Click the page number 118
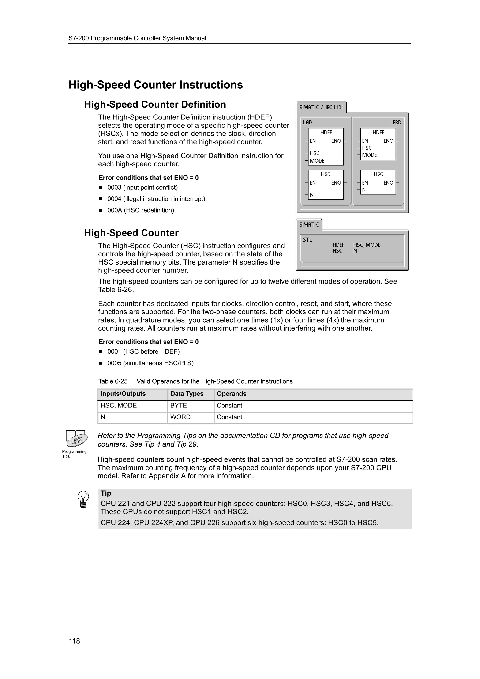click(74, 641)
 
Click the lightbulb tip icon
click(83, 500)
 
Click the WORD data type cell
click(180, 417)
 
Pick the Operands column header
click(231, 394)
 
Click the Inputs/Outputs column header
click(123, 394)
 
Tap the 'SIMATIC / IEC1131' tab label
click(322, 107)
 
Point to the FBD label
click(397, 123)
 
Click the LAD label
click(307, 123)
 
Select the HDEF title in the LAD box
click(326, 132)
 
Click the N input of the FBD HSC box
click(364, 190)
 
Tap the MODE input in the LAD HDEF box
click(317, 161)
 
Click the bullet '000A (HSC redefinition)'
click(140, 210)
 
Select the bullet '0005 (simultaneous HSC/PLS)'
click(150, 363)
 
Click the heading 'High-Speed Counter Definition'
click(155, 104)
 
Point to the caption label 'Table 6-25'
click(113, 381)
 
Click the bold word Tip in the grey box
click(106, 493)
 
